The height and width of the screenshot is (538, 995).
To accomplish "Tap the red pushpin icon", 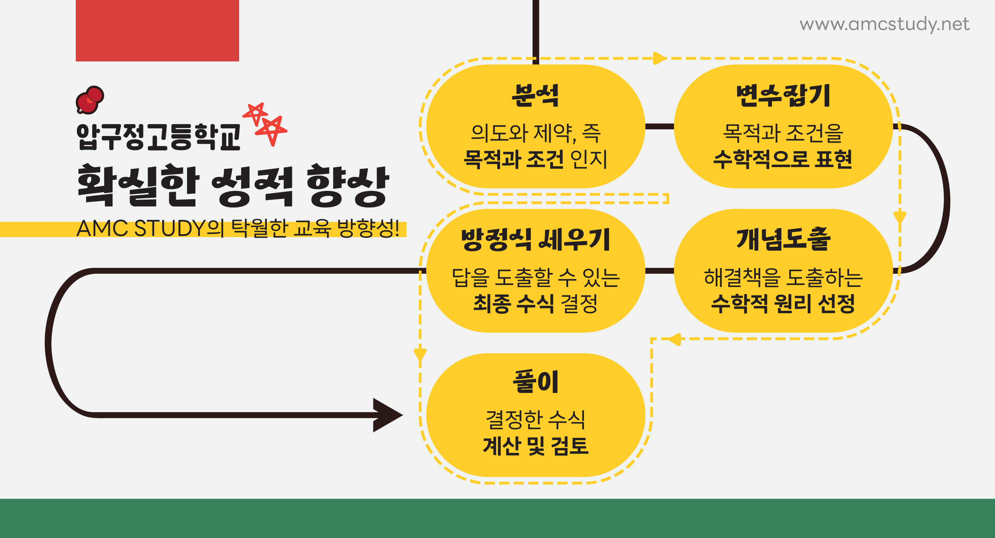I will (90, 100).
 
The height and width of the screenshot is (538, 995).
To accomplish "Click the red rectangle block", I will (157, 30).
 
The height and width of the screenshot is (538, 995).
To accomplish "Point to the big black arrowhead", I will (386, 415).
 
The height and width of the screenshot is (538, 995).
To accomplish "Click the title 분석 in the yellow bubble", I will (535, 95).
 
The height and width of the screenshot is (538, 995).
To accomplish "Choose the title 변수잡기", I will (783, 95).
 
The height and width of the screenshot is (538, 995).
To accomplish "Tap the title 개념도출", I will (783, 239).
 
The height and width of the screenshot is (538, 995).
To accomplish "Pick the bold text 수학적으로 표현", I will (782, 159).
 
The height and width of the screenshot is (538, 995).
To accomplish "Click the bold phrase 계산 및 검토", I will (535, 446).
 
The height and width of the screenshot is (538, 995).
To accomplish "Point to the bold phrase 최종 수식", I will (514, 303).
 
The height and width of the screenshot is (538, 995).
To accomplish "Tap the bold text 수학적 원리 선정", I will (782, 303).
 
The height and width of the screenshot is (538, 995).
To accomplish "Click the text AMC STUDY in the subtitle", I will (141, 228).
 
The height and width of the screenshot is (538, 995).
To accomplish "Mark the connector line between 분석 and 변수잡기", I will (659, 126).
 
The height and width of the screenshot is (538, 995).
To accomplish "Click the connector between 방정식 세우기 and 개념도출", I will (659, 271).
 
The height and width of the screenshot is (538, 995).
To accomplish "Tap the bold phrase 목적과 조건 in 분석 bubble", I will (514, 159).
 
